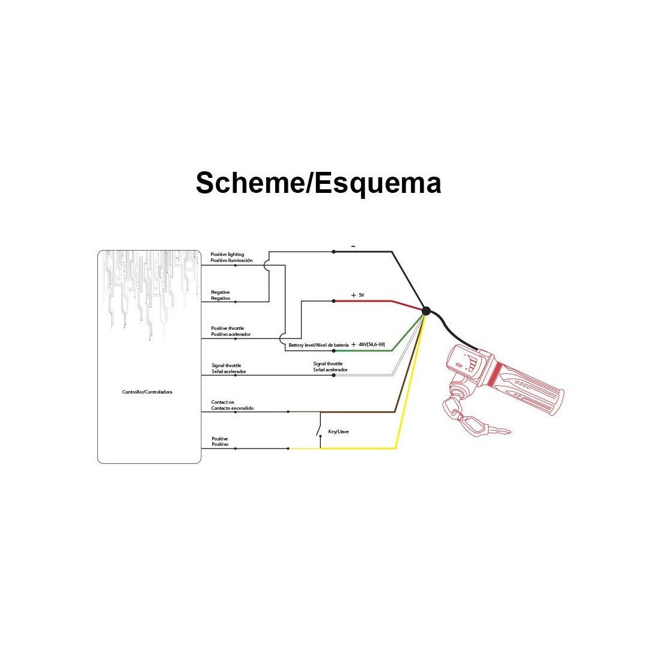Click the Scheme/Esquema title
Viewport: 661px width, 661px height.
tap(318, 183)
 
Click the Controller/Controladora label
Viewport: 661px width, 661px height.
tap(147, 392)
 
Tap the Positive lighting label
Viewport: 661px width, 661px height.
tap(231, 258)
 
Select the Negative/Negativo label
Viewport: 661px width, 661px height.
tap(221, 295)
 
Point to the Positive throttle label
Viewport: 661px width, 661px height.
tap(231, 331)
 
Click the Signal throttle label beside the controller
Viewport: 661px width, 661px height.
tap(229, 368)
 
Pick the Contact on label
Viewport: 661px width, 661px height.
tap(233, 405)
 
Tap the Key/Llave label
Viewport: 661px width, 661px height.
tap(338, 431)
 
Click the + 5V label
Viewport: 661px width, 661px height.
tap(358, 295)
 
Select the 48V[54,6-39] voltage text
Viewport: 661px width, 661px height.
tap(371, 344)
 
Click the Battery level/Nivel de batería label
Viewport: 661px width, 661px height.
tap(318, 345)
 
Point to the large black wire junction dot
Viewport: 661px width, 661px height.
tap(426, 311)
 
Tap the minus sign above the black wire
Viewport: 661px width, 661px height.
tap(353, 246)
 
